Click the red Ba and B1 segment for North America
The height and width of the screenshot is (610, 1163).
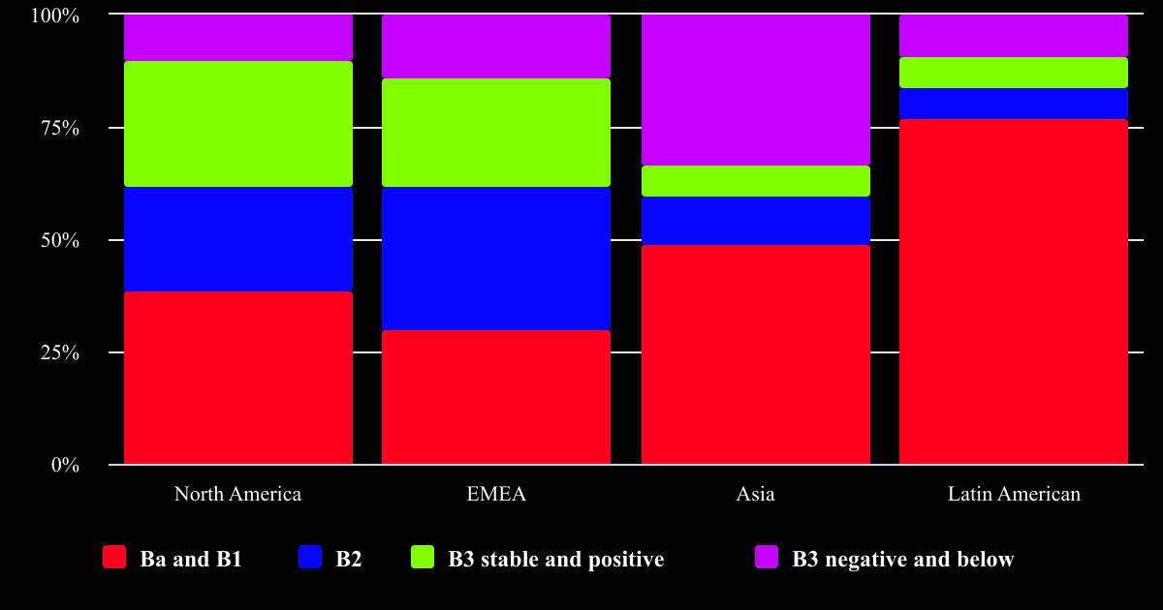237,378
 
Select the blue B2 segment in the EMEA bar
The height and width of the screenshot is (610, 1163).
495,259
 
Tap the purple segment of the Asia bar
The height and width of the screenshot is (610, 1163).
755,90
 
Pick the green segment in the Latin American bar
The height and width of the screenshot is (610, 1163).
1013,73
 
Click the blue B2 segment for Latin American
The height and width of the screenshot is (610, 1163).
1013,104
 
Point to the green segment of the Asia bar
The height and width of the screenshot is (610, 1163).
755,181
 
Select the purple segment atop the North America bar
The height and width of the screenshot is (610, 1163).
237,38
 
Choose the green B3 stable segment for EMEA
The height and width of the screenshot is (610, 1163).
495,133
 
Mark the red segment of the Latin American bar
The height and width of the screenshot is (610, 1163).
1013,291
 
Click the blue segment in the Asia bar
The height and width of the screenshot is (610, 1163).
755,221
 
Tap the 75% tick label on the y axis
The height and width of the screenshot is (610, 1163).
58,128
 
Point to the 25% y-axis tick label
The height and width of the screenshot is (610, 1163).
58,352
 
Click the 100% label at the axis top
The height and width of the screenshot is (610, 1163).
54,15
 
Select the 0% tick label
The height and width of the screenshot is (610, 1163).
64,465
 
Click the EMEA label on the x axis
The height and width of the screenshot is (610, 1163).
495,494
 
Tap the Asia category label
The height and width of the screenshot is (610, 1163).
755,494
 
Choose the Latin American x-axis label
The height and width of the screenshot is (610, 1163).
1013,494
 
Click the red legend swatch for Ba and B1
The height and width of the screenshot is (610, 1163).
114,558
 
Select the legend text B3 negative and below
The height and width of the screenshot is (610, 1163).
902,559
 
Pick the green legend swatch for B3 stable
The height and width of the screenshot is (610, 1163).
423,558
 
